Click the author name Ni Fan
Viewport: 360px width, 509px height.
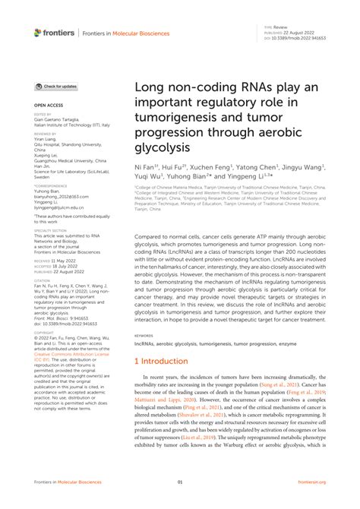pyautogui.click(x=145, y=166)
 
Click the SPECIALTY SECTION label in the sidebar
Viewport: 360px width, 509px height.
pyautogui.click(x=50, y=229)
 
